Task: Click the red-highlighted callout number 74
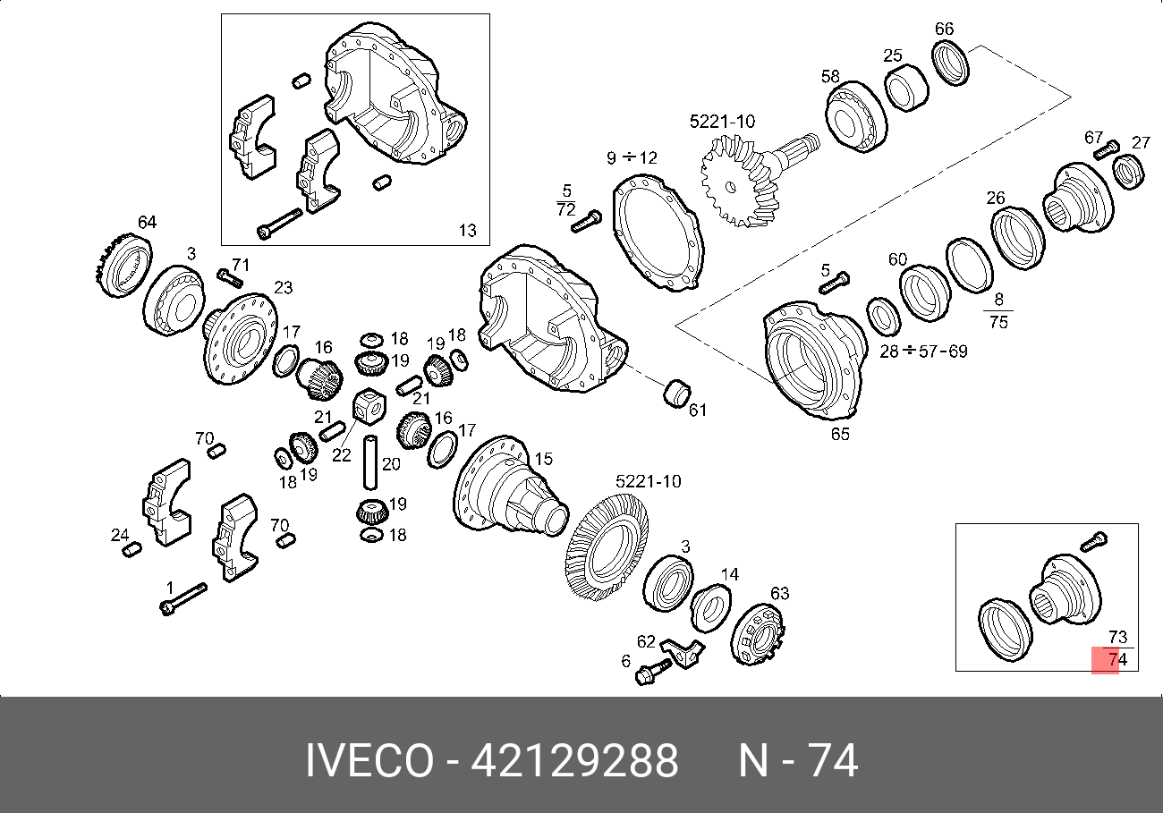(x=1118, y=659)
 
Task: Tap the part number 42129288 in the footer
(x=574, y=761)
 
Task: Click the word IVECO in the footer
(x=369, y=761)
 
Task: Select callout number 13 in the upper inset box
(x=467, y=230)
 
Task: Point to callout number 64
(x=147, y=222)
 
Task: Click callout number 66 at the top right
(x=945, y=29)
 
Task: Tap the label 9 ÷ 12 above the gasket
(x=632, y=157)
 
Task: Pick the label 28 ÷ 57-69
(x=923, y=351)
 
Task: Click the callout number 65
(x=840, y=434)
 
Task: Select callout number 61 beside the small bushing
(x=697, y=411)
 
